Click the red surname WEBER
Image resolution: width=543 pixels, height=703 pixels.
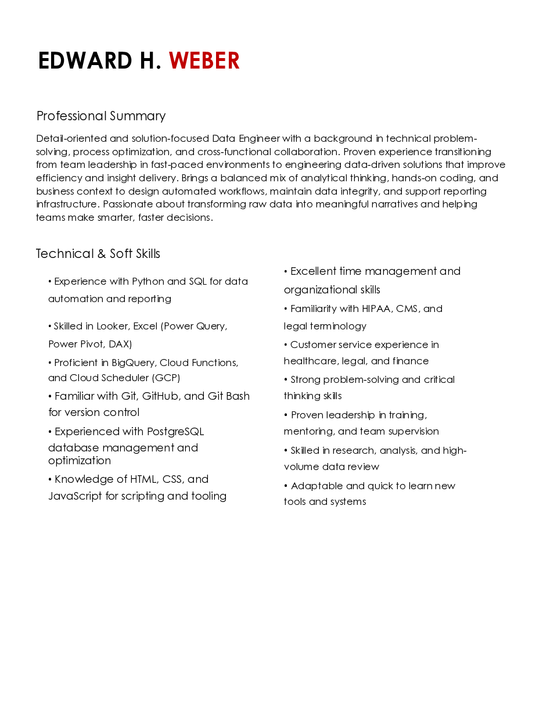(x=204, y=61)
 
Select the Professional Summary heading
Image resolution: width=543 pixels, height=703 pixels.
(x=101, y=116)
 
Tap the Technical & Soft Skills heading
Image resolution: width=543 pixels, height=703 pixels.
(x=98, y=254)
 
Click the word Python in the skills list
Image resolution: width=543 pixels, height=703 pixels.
(x=148, y=282)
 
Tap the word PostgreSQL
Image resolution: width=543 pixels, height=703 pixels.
(x=175, y=432)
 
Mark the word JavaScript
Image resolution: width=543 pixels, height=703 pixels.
(x=75, y=496)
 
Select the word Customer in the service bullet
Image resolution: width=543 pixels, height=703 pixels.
(x=312, y=345)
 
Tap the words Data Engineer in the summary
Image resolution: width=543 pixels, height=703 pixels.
(x=246, y=139)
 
